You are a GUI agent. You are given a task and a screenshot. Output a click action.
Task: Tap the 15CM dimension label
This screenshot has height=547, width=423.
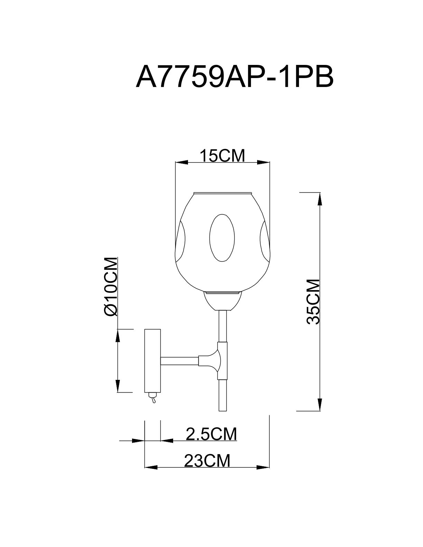[223, 156]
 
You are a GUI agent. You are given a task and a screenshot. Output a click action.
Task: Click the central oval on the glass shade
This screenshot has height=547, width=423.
[222, 238]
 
